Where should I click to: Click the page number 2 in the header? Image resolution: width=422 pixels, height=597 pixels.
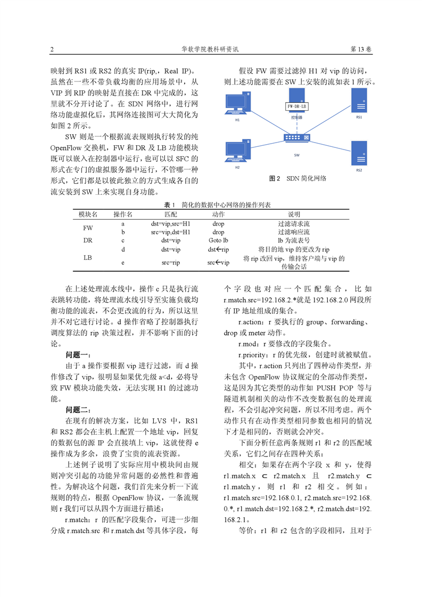coord(52,49)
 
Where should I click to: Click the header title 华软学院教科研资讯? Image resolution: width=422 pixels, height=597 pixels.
coord(211,49)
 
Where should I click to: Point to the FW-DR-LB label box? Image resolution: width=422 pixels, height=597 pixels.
coord(297,106)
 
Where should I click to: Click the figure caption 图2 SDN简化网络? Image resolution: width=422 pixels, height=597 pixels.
coord(297,179)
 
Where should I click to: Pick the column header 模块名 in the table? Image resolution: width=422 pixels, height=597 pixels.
coord(88,214)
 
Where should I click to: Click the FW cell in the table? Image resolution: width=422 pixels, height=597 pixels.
coord(88,228)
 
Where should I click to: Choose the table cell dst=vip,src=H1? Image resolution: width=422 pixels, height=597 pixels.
coord(170,224)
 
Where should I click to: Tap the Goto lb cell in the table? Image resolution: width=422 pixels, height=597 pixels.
coord(218,240)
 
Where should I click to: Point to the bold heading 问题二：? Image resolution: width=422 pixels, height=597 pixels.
coord(79,410)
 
